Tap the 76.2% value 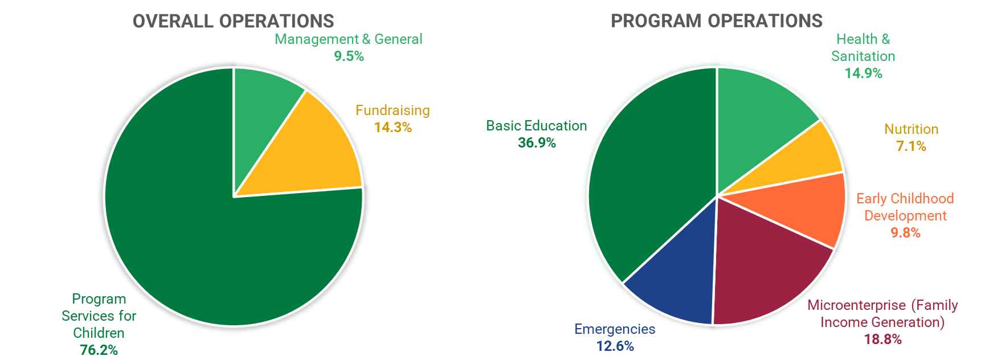click(x=99, y=350)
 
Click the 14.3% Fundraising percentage click(x=393, y=128)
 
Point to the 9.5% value click(x=349, y=56)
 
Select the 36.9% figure click(x=537, y=143)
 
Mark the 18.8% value click(x=882, y=339)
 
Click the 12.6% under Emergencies click(x=615, y=346)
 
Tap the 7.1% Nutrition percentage click(x=911, y=146)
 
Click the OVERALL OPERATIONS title click(x=233, y=21)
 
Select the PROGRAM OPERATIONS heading click(x=716, y=21)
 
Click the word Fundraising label click(x=393, y=111)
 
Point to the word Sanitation click(x=863, y=56)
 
